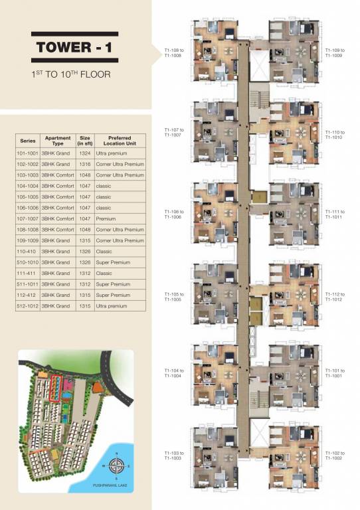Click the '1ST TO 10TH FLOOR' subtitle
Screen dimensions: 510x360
tap(70, 74)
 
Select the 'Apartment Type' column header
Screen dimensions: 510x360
tap(57, 141)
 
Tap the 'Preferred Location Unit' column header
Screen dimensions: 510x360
tap(120, 141)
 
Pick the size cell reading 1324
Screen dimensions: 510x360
tap(85, 153)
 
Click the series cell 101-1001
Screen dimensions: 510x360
tap(28, 153)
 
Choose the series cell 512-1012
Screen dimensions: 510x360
tap(28, 306)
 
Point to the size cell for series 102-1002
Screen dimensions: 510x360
tap(85, 164)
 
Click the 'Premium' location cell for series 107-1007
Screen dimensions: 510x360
tap(106, 218)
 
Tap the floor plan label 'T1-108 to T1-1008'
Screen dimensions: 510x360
tap(172, 52)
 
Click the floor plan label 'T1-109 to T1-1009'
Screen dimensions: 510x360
tap(336, 52)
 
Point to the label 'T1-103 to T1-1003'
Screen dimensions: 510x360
tap(172, 456)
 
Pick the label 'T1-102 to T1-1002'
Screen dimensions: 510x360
tap(336, 456)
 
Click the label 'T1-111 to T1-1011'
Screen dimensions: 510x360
tap(336, 214)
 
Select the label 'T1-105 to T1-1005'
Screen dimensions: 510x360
tap(172, 296)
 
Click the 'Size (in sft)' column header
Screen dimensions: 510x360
tap(85, 141)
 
